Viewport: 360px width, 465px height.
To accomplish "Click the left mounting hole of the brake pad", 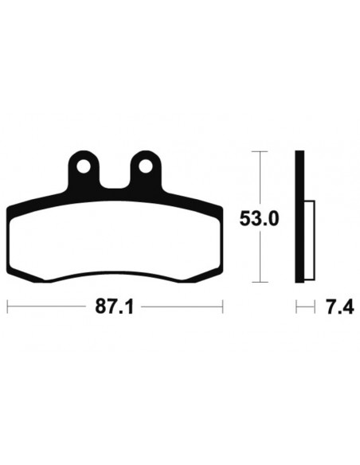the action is (x=84, y=166).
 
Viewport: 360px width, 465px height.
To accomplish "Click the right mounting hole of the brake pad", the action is (x=146, y=166).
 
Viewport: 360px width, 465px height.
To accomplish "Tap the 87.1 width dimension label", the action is (x=115, y=307).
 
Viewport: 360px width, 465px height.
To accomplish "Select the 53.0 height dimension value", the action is (x=259, y=218).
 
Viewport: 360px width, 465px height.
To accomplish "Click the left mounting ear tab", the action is (x=84, y=170).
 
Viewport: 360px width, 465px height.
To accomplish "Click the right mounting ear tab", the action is (x=146, y=170).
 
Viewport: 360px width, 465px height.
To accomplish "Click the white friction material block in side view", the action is (x=309, y=240).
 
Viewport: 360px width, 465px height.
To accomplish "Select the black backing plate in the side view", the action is (x=299, y=217).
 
